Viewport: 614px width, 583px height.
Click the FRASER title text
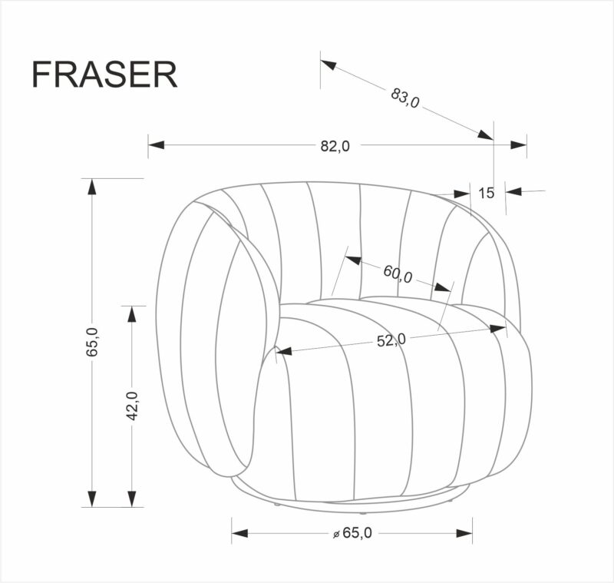pyautogui.click(x=104, y=75)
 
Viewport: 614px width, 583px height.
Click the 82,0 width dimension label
pyautogui.click(x=335, y=147)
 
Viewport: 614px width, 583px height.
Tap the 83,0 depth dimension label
pyautogui.click(x=405, y=98)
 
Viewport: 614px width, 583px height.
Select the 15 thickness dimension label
pyautogui.click(x=486, y=193)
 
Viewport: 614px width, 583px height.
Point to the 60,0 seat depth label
pyautogui.click(x=398, y=273)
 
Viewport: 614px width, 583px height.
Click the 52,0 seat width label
pyautogui.click(x=391, y=339)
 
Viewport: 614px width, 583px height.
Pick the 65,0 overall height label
pyautogui.click(x=92, y=342)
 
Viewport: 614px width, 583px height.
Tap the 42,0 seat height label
pyautogui.click(x=131, y=405)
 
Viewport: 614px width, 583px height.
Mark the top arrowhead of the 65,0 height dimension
pyautogui.click(x=92, y=187)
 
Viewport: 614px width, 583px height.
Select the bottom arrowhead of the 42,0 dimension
pyautogui.click(x=132, y=499)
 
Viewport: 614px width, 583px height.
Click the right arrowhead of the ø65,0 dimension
pyautogui.click(x=464, y=532)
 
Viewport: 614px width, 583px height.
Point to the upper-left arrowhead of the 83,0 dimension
pyautogui.click(x=328, y=65)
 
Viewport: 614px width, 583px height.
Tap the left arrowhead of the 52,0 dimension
pyautogui.click(x=284, y=352)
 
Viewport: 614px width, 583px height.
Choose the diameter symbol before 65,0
pyautogui.click(x=336, y=534)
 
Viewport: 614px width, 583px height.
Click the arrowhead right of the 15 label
pyautogui.click(x=513, y=191)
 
